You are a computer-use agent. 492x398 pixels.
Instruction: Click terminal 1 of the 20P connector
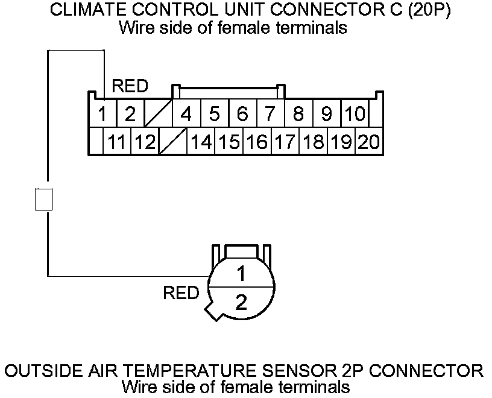tap(103, 113)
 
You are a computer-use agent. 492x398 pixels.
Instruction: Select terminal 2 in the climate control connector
tap(130, 113)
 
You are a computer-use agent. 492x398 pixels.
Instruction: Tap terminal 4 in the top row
tap(186, 113)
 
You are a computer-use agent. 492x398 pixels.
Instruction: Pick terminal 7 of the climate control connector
tap(270, 113)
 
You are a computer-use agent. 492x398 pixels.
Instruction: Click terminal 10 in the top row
tap(355, 113)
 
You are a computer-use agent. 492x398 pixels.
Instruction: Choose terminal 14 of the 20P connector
tap(201, 142)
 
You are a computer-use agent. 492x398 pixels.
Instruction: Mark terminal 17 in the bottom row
tap(285, 142)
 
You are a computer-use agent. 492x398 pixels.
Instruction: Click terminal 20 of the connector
tap(368, 142)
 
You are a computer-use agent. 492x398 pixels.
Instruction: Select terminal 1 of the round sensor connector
tap(241, 274)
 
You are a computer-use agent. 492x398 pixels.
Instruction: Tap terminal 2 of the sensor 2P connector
tap(241, 302)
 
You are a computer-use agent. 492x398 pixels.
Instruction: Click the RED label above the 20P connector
tap(130, 86)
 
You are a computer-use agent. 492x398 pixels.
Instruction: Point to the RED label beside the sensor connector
tap(181, 294)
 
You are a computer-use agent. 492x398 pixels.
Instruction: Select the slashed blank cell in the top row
tap(159, 113)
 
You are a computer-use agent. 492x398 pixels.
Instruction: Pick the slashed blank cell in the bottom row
tap(173, 142)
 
